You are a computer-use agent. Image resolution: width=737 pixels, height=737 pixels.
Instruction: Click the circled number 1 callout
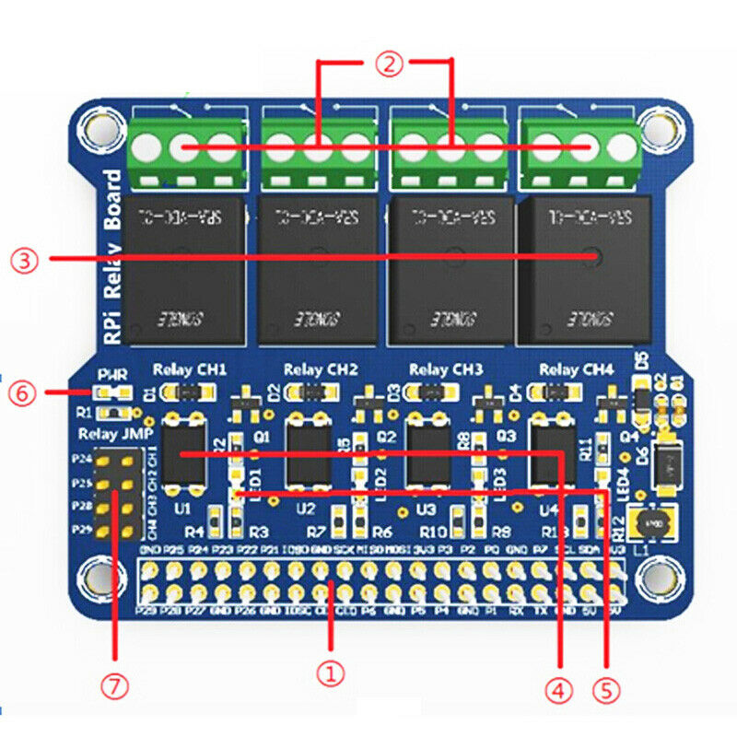coord(331,673)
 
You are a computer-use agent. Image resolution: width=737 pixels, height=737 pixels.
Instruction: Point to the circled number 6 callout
coord(22,393)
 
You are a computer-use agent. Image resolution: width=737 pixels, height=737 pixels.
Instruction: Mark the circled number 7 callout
coord(115,686)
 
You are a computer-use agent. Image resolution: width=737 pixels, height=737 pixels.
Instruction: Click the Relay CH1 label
coord(190,370)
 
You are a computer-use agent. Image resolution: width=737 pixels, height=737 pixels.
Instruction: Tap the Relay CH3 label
coord(446,370)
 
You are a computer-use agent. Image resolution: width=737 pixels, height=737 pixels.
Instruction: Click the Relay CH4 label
coord(577,370)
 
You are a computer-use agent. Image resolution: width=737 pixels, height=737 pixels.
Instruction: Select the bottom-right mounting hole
coord(656,579)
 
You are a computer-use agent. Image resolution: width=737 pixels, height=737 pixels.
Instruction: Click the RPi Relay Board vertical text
coord(112,258)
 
